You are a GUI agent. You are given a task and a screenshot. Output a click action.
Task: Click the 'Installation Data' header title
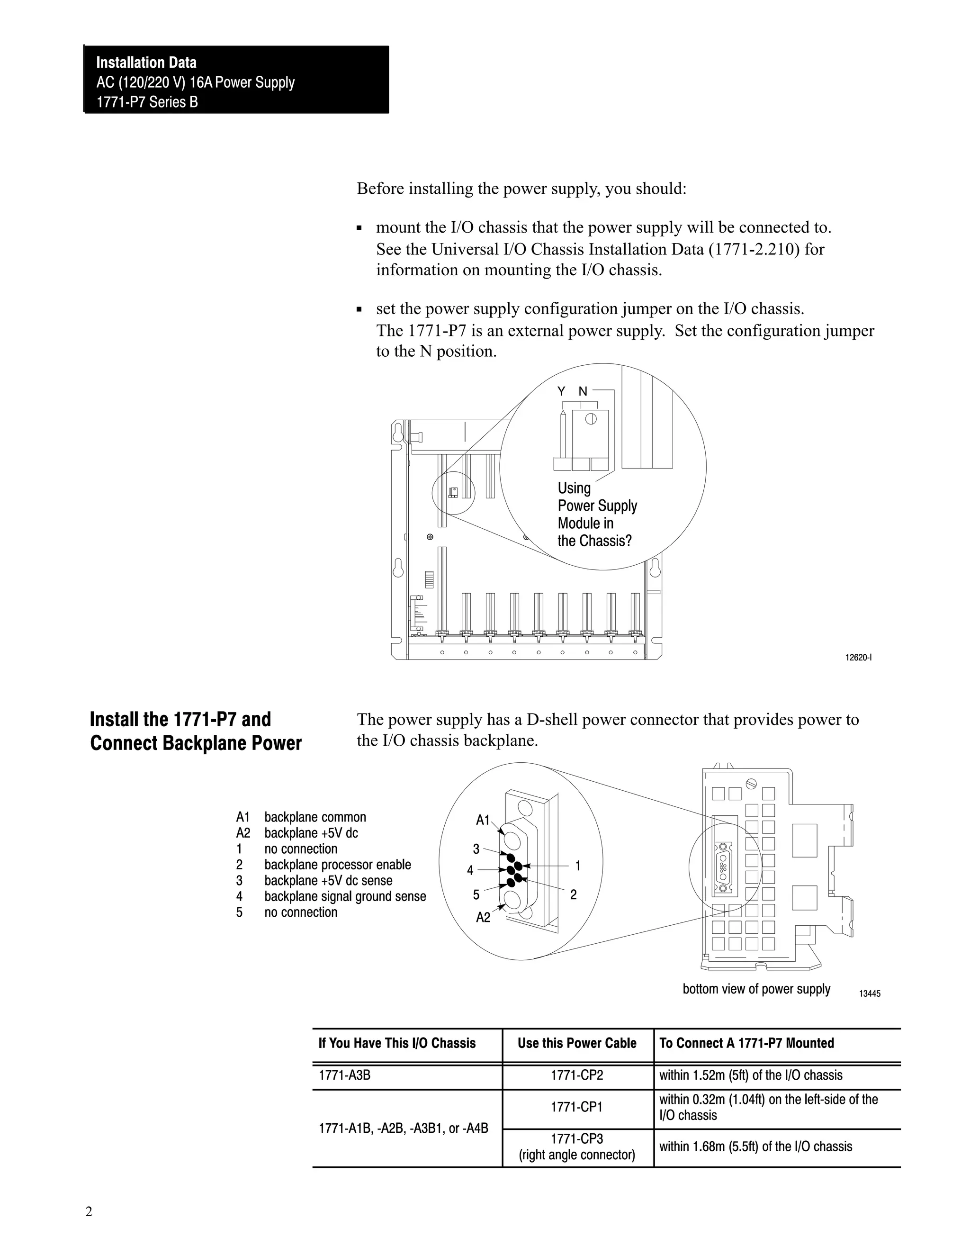coord(146,63)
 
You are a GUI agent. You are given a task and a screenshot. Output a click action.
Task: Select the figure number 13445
coord(870,993)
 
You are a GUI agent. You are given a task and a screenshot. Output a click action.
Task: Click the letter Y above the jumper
coord(561,392)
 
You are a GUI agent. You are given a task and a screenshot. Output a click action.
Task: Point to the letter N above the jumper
coord(583,392)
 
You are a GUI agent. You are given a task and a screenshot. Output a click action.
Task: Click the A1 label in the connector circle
coord(482,820)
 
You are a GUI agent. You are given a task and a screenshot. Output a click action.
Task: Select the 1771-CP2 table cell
coord(577,1075)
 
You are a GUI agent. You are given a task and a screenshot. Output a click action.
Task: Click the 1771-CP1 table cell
coord(577,1107)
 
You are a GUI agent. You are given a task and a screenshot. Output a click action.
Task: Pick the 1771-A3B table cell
coord(345,1075)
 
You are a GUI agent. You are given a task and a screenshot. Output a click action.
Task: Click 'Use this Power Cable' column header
coord(577,1043)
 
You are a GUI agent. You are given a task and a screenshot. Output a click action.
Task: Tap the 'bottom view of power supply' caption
coord(756,989)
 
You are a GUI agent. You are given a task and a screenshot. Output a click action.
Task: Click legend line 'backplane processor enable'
coord(337,865)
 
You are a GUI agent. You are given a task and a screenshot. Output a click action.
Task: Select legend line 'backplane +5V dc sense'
coord(328,880)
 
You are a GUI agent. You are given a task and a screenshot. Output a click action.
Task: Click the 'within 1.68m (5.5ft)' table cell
coord(755,1147)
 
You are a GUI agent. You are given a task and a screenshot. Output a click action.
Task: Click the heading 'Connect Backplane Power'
coord(196,744)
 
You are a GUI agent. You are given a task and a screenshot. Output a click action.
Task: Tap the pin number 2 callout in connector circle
coord(573,895)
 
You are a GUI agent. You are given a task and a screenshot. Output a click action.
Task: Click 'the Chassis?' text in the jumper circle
coord(594,542)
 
